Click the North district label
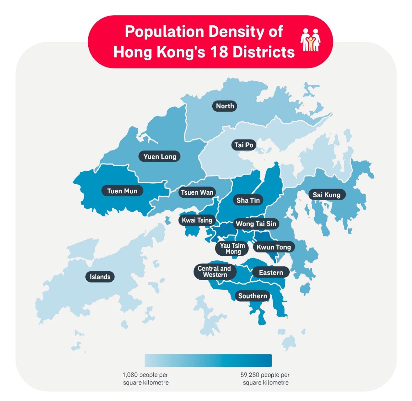[x=225, y=106]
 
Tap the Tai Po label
[x=244, y=145]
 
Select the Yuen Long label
[x=160, y=157]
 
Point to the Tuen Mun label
[x=122, y=191]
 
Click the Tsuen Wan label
[x=197, y=192]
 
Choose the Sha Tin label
[x=248, y=200]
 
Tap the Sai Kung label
[x=326, y=195]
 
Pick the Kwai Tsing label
[x=197, y=220]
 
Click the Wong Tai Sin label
[x=256, y=224]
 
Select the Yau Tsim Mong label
[x=232, y=249]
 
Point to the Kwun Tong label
[x=274, y=247]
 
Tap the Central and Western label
[x=214, y=272]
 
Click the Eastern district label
[x=271, y=273]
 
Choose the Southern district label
[x=253, y=296]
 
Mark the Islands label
[x=100, y=277]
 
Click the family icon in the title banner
[x=310, y=40]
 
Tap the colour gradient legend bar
[x=208, y=360]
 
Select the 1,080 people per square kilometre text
[x=145, y=379]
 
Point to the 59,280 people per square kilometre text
[x=265, y=379]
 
